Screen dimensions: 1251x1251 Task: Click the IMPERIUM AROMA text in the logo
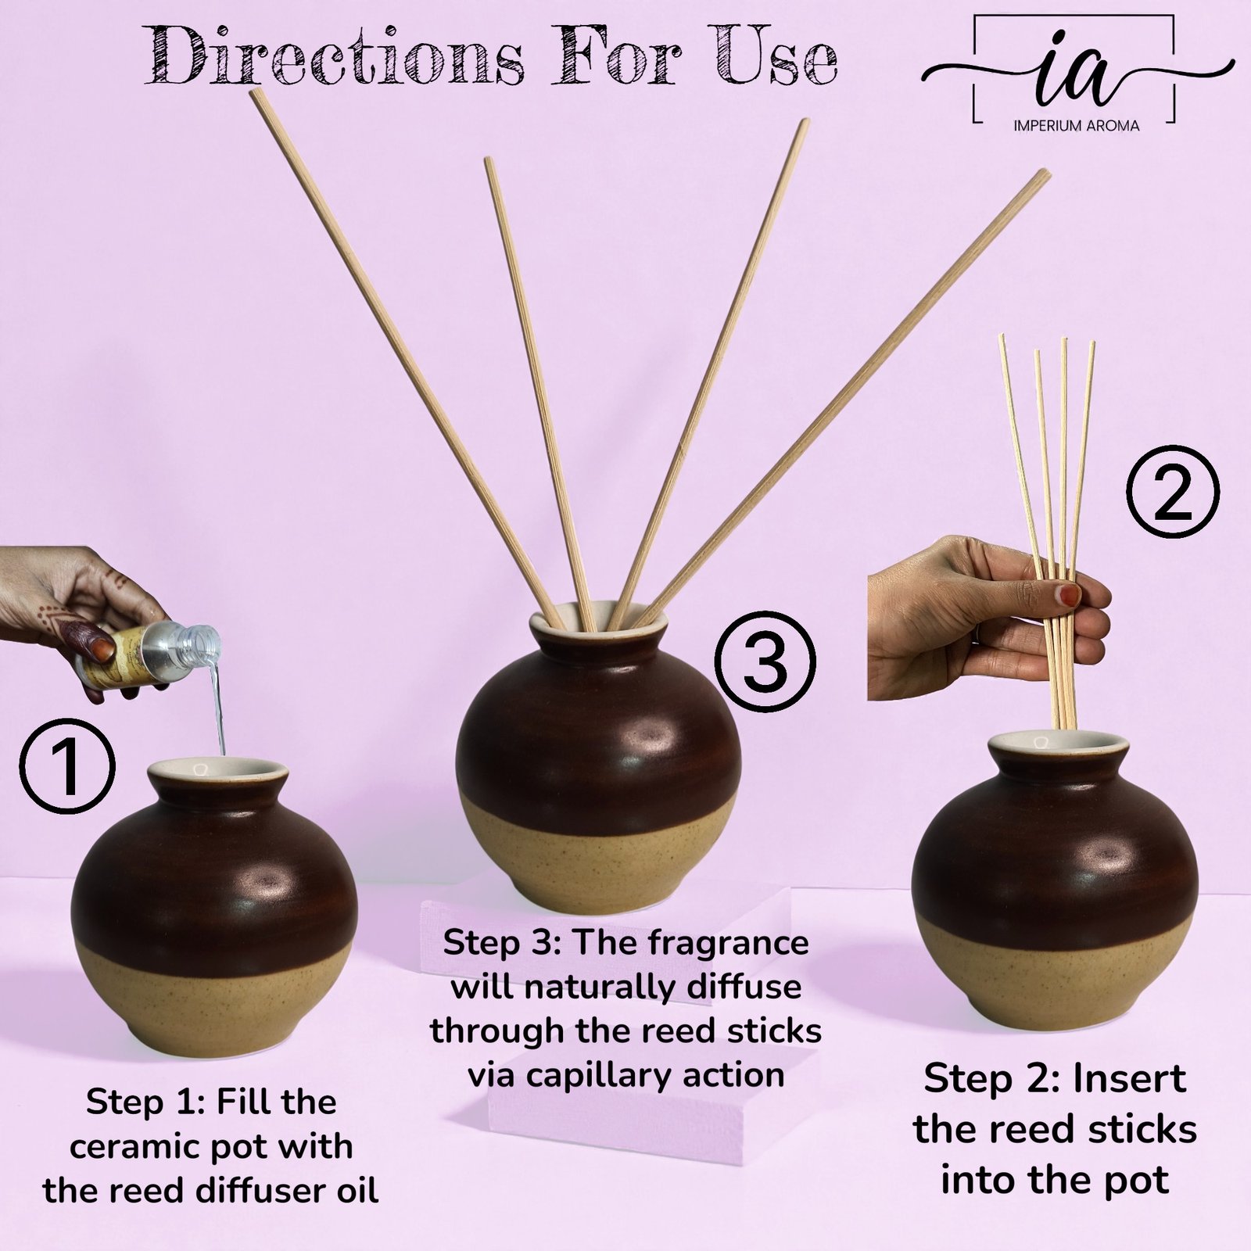(1076, 125)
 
